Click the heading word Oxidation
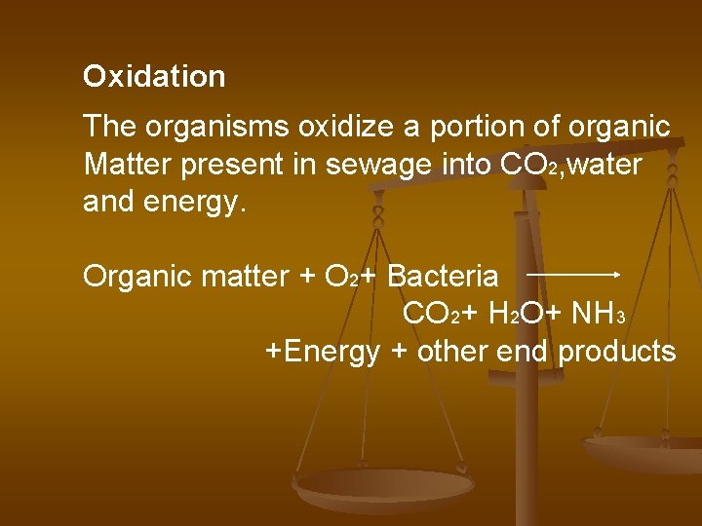[x=154, y=77]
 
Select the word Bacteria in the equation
[x=443, y=277]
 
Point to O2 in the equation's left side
[x=336, y=278]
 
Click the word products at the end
[x=617, y=352]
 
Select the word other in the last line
[x=452, y=351]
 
